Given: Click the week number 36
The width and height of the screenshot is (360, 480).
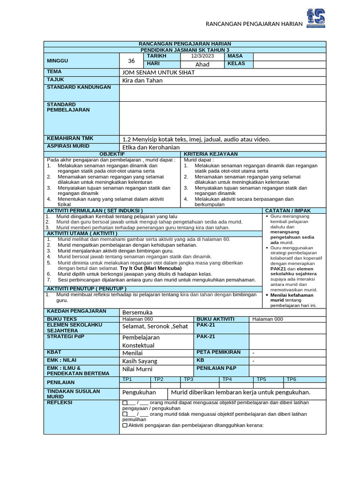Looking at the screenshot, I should click(x=131, y=60).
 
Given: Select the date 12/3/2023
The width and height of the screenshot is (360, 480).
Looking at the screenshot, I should click(x=202, y=56).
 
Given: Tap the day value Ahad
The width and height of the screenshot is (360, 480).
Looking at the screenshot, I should click(x=202, y=64).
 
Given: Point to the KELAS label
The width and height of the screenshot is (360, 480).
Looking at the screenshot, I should click(x=236, y=64).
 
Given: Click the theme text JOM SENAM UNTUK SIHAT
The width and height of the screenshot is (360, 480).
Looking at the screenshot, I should click(x=158, y=73).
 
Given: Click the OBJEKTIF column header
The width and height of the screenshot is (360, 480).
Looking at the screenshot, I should click(x=112, y=154).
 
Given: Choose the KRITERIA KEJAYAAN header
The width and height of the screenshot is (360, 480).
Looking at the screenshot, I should click(x=210, y=154).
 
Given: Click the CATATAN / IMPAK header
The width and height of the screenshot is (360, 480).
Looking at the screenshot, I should click(x=288, y=211).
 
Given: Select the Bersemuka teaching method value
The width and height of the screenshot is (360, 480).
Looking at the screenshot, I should click(x=137, y=312).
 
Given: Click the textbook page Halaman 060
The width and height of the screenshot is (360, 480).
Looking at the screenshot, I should click(x=137, y=319).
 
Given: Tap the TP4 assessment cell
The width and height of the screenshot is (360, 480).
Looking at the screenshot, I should click(x=227, y=379).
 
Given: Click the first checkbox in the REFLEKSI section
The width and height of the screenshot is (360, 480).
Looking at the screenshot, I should click(x=124, y=403).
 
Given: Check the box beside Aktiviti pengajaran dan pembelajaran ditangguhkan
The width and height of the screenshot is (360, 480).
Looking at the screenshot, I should click(x=124, y=426).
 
